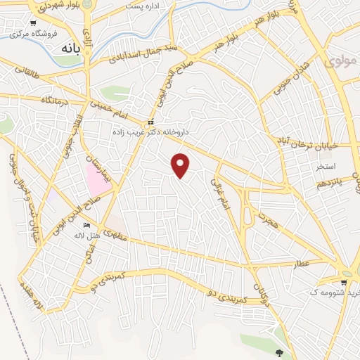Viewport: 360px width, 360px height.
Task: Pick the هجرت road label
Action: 264,219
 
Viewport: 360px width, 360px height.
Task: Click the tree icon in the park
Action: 281,353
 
